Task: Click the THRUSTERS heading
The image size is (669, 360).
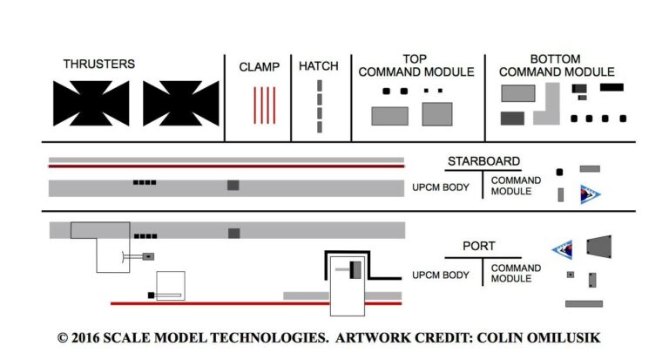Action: tap(98, 64)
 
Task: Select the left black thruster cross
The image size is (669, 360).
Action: tap(91, 103)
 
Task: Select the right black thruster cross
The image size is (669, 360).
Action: tap(181, 103)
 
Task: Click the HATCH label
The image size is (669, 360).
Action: tap(319, 66)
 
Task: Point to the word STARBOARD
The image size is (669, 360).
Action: tap(483, 161)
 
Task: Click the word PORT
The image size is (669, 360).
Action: tap(480, 247)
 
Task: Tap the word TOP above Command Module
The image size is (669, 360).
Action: tap(416, 58)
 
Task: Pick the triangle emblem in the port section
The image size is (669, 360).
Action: tap(562, 252)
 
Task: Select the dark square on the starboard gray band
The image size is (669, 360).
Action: tap(233, 185)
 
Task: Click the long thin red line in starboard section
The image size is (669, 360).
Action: tap(226, 166)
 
